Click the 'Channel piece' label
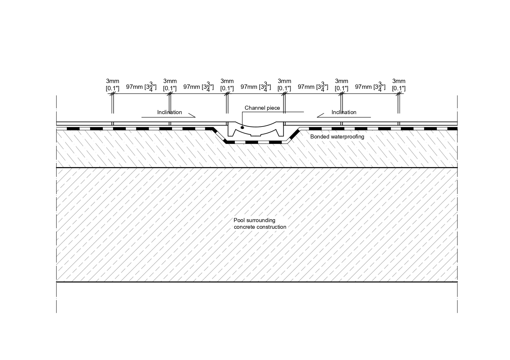tap(262, 108)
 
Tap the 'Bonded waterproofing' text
tap(337, 136)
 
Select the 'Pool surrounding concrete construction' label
tap(260, 224)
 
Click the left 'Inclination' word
tap(169, 112)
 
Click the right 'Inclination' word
tap(344, 112)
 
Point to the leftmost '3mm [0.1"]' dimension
tap(112, 84)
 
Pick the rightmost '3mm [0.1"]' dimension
tap(399, 84)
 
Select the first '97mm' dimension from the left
tap(141, 87)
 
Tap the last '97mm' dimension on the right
tap(370, 87)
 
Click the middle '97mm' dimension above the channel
tap(256, 87)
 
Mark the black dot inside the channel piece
tap(242, 127)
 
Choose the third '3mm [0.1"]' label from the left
tap(227, 84)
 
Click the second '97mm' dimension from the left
tap(198, 87)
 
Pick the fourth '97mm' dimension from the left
tap(313, 87)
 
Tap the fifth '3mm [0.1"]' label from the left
tap(341, 84)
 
